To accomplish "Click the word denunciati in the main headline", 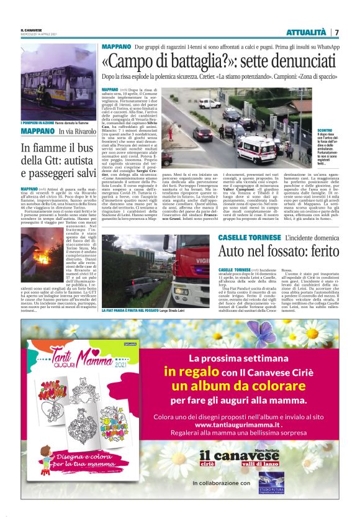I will tap(293, 63).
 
